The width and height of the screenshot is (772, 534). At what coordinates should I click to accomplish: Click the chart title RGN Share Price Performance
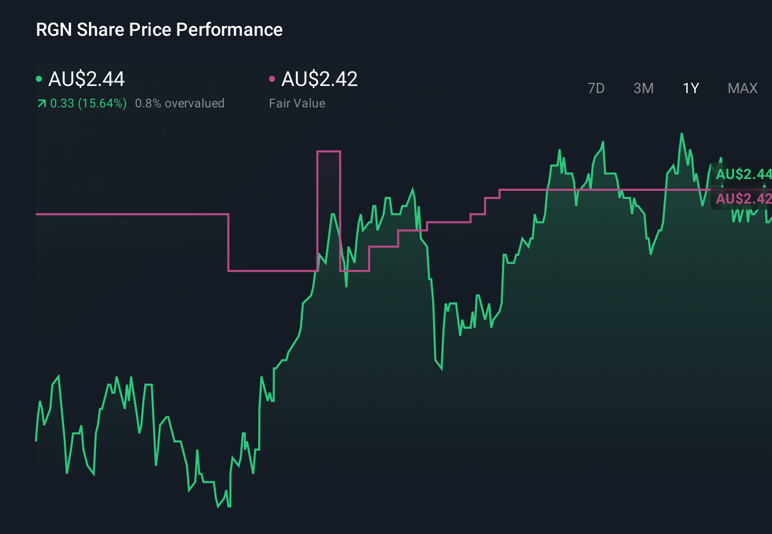tap(159, 30)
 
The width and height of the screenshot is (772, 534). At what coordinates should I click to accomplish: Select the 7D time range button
tap(596, 88)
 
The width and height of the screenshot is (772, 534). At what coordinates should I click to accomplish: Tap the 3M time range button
tap(643, 88)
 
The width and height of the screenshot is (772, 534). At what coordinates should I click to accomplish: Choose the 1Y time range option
tap(691, 88)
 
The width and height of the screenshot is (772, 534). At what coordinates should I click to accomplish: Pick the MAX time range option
tap(742, 88)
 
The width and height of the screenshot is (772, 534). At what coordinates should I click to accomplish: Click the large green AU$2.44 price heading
tap(86, 79)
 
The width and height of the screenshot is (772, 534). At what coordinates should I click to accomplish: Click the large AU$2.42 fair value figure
tap(320, 79)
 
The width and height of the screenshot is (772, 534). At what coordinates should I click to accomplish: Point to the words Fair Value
tap(297, 103)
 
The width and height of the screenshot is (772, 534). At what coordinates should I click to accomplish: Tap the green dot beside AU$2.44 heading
tap(39, 79)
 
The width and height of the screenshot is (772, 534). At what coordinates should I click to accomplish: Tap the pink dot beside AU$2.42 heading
tap(272, 79)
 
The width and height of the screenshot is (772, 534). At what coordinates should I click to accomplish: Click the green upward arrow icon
tap(41, 104)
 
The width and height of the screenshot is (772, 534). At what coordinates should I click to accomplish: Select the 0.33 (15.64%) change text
tap(88, 103)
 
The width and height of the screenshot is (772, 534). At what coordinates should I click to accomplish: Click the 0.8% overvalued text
tap(179, 103)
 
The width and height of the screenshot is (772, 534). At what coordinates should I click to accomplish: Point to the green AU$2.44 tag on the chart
tap(742, 174)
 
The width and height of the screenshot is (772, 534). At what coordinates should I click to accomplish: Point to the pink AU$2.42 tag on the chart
tap(742, 198)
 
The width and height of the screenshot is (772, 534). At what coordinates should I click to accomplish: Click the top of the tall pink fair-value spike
tap(329, 151)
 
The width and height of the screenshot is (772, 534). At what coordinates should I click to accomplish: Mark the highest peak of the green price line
tap(682, 134)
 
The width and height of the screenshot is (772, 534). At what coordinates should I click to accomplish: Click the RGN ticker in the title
tap(54, 30)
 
